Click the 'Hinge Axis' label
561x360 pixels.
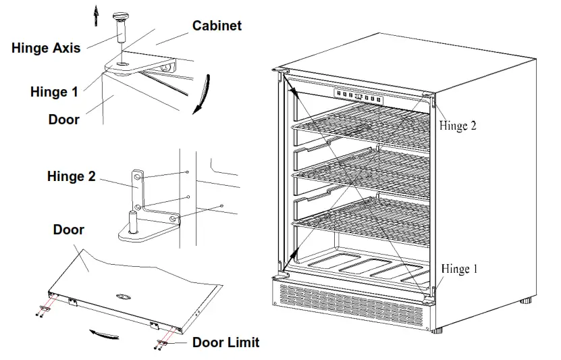pos(46,47)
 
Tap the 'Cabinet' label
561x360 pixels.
pos(217,26)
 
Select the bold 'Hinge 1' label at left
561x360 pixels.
pos(54,92)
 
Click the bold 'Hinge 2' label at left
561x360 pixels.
pos(71,176)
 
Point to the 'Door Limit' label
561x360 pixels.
pos(225,342)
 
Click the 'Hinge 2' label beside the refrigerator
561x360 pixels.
pos(458,126)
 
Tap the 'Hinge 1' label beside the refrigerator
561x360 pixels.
pos(459,269)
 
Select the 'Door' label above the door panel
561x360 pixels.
pos(68,230)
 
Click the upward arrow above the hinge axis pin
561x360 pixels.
pos(97,11)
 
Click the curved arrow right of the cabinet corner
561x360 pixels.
pos(203,95)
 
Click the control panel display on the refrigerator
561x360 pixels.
pos(358,97)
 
